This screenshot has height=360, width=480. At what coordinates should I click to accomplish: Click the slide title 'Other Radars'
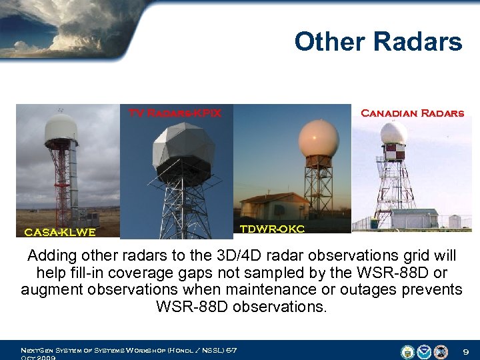pyautogui.click(x=377, y=41)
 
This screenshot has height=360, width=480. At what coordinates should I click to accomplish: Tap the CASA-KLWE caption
pyautogui.click(x=59, y=232)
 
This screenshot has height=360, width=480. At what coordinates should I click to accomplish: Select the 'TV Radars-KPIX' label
pyautogui.click(x=175, y=113)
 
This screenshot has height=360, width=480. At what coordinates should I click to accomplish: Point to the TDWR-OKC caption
pyautogui.click(x=272, y=229)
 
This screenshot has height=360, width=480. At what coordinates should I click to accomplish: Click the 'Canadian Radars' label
pyautogui.click(x=412, y=113)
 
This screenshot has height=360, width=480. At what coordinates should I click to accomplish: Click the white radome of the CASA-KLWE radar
pyautogui.click(x=61, y=129)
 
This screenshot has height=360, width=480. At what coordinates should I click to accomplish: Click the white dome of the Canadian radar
pyautogui.click(x=394, y=133)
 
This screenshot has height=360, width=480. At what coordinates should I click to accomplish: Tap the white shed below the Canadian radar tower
pyautogui.click(x=414, y=218)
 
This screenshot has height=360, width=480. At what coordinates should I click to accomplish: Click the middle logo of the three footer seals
pyautogui.click(x=424, y=351)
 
